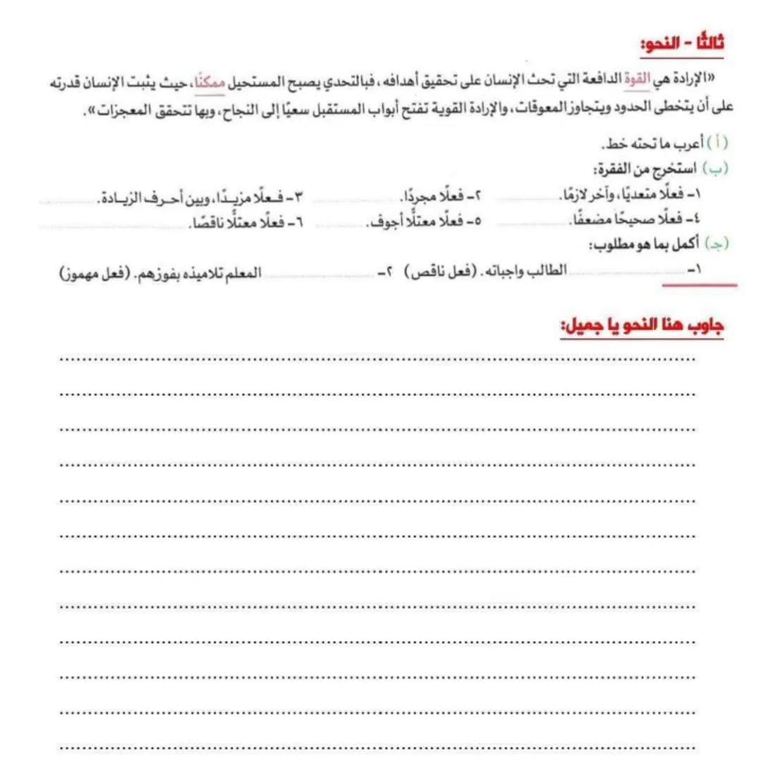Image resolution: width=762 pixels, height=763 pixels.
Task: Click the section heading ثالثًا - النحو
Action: (x=682, y=44)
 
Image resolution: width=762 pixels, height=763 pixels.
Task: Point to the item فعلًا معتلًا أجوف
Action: (x=415, y=222)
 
